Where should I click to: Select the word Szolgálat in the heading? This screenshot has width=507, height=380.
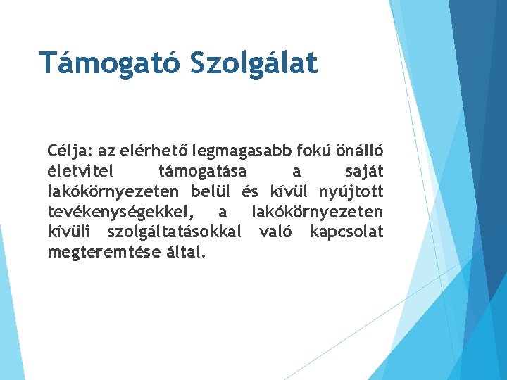click(x=254, y=62)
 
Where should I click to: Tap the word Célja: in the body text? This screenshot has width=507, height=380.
click(x=70, y=151)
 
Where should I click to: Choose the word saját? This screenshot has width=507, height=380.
click(x=365, y=171)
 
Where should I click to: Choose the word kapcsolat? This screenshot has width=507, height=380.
click(x=346, y=232)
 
